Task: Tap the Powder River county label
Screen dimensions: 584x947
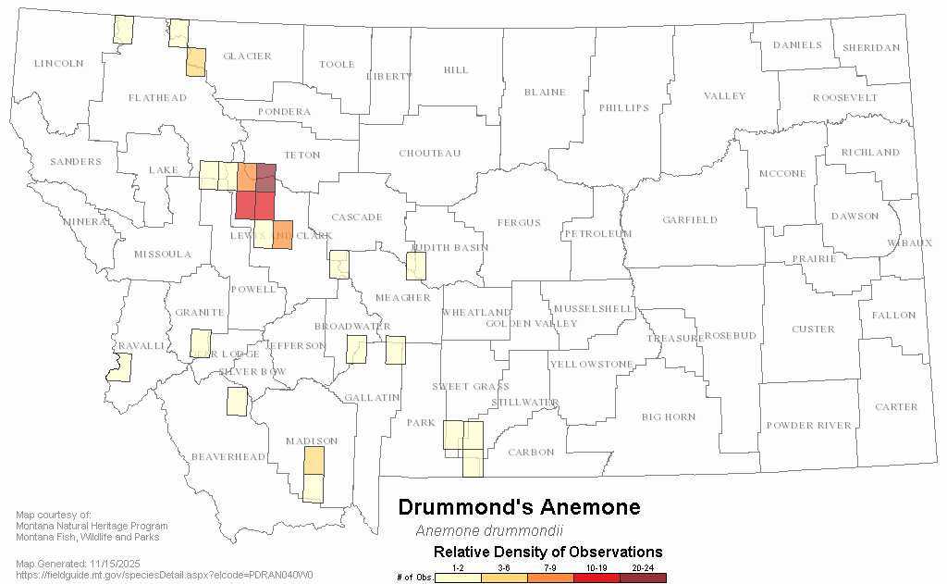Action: pos(808,425)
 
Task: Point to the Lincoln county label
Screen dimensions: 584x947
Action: pos(58,63)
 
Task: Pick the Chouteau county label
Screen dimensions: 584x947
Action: pos(429,153)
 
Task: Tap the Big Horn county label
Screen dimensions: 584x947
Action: pos(669,416)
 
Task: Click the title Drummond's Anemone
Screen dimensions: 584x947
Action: pos(518,507)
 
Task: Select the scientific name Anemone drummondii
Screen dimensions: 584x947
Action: pos(489,531)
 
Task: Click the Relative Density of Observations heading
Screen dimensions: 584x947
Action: pos(547,553)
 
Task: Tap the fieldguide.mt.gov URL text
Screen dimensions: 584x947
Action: pos(165,575)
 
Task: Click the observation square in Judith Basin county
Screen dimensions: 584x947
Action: pos(416,267)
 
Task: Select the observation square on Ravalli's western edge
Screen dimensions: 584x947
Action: pos(119,367)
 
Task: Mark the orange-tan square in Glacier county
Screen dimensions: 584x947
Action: pos(196,63)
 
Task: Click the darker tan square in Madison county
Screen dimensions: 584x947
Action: pos(314,461)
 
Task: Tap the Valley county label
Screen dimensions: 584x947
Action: pos(723,96)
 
